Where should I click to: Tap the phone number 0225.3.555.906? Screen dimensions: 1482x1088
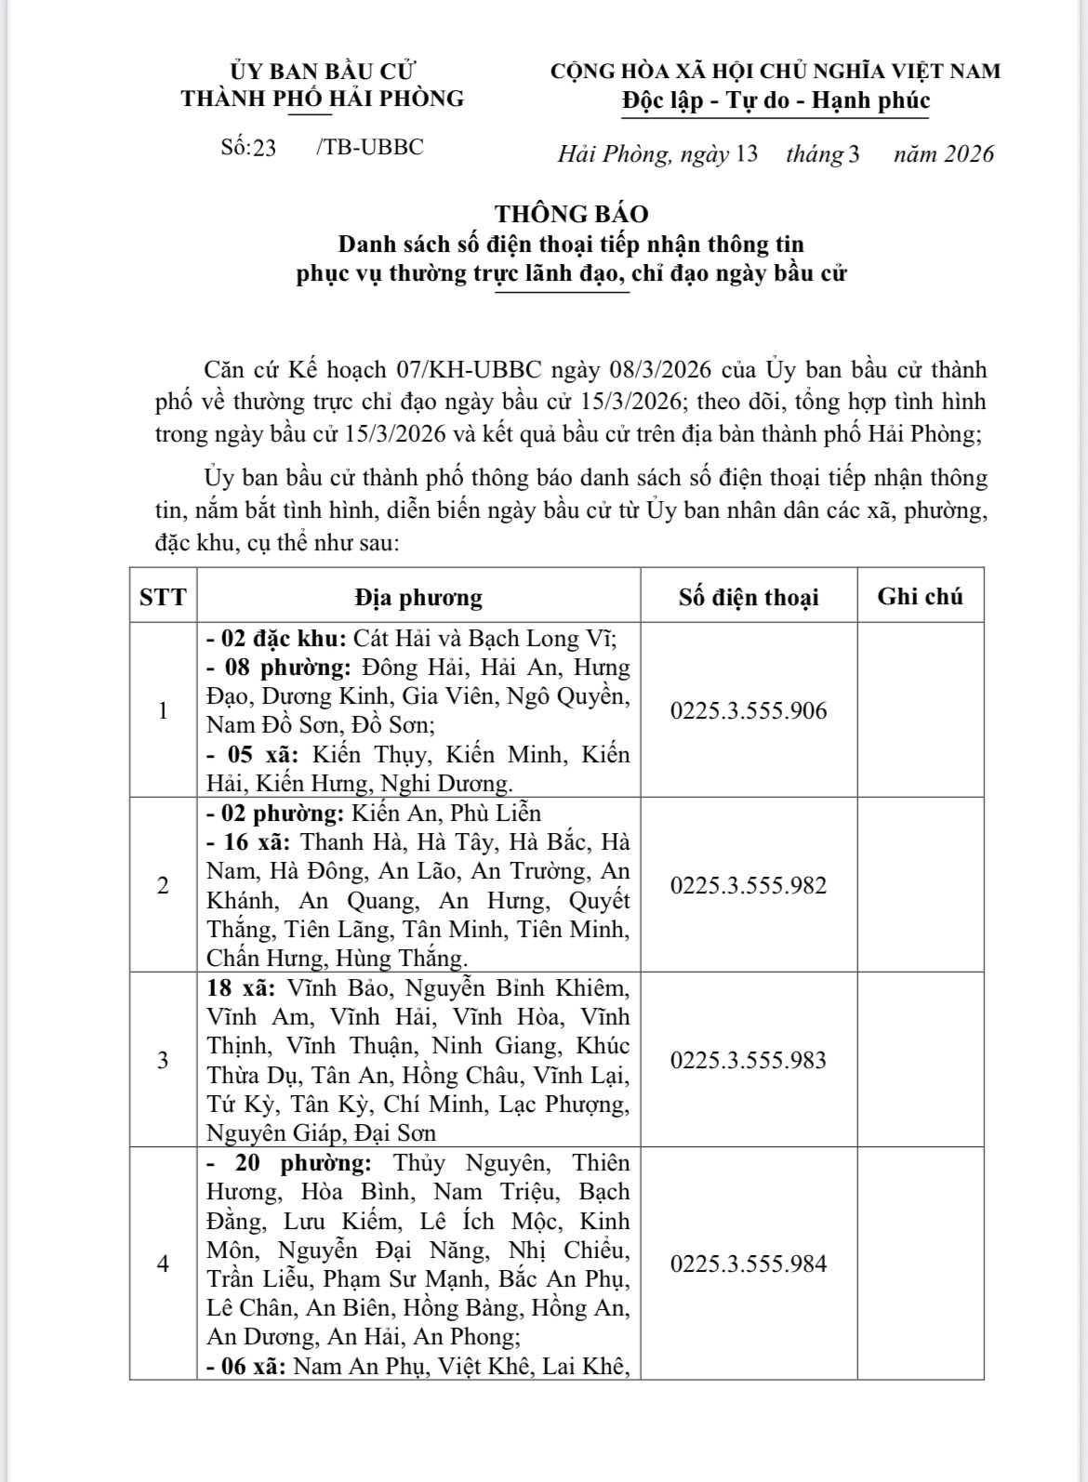coord(748,711)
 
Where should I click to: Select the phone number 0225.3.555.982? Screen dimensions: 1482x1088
coord(748,886)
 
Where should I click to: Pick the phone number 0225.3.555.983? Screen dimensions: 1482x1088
coord(748,1061)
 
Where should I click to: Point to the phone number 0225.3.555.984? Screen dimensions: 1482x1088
coord(748,1264)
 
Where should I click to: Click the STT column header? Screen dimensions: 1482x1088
coord(163,597)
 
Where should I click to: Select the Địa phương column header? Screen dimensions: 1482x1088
coord(418,597)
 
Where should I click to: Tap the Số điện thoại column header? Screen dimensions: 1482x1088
coord(748,597)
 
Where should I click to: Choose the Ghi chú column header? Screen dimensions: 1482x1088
coord(920,597)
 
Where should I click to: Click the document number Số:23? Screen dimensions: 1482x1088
coord(248,148)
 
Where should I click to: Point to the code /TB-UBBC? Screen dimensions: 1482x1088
coord(370,147)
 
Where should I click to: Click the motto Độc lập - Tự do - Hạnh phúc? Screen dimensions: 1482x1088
coord(776,100)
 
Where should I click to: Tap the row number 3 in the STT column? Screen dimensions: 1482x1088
coord(163,1061)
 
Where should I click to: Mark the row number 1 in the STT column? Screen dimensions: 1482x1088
coord(163,711)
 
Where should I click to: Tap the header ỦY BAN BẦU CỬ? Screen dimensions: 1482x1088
coord(323,71)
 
